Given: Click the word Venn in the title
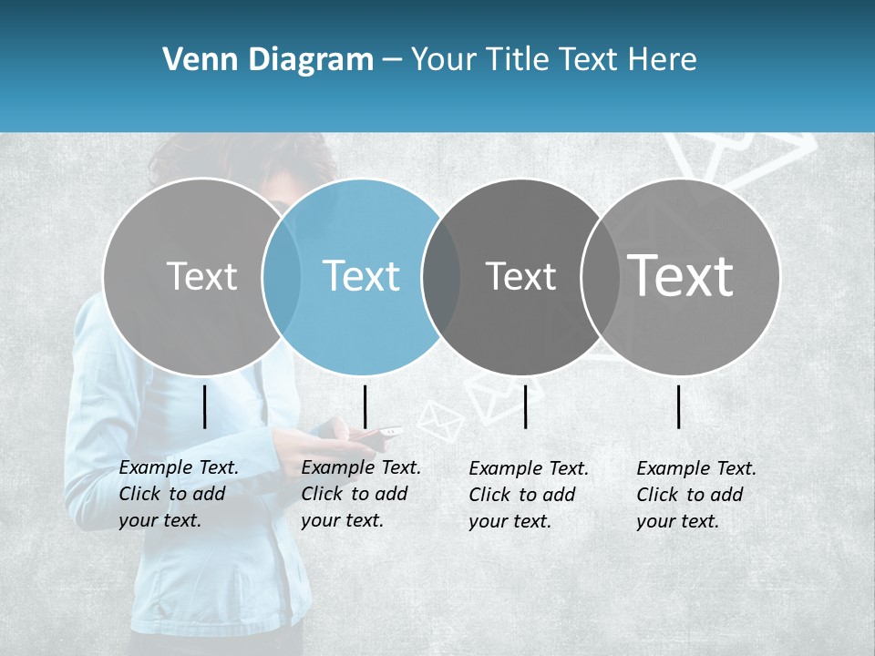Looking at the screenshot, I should coord(194,60).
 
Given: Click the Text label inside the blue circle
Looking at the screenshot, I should coord(362,275).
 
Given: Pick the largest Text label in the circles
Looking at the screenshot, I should coord(681,275).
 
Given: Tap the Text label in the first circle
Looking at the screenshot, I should coord(202,275).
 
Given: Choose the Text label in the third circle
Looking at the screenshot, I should coord(521,275).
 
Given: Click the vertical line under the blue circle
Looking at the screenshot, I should coord(365,406).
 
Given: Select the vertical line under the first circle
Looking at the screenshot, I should coord(205,406).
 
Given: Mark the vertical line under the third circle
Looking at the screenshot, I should coord(526,406).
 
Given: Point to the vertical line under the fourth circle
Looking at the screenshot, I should coord(679,406).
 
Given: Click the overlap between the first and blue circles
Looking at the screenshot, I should coord(282,276).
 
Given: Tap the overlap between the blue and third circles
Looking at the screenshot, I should coord(441,276).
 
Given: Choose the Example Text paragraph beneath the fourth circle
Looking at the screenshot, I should coord(695,495).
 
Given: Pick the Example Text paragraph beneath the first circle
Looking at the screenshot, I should coord(178,494).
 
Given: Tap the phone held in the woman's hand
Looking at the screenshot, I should coord(388,431).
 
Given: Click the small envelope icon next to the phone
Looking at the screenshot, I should coord(441,422).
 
